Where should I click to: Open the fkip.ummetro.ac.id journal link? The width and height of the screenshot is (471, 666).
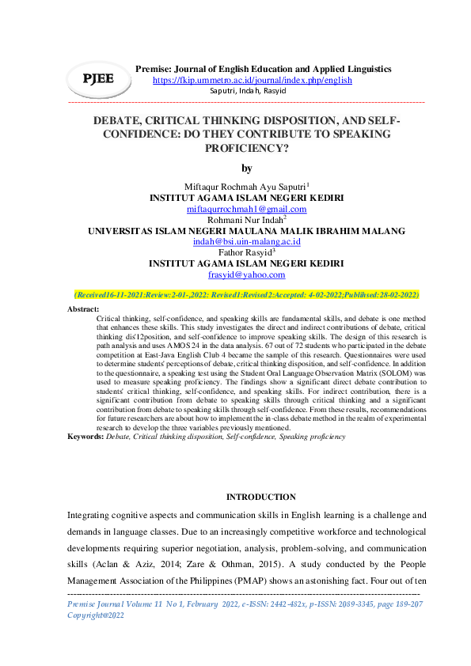point(252,80)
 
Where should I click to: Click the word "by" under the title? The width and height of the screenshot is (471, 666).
point(246,168)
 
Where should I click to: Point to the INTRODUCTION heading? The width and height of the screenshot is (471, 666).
point(261,497)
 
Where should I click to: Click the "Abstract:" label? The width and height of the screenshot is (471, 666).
point(84,309)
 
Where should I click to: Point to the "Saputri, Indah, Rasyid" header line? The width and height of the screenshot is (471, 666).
point(248,91)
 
